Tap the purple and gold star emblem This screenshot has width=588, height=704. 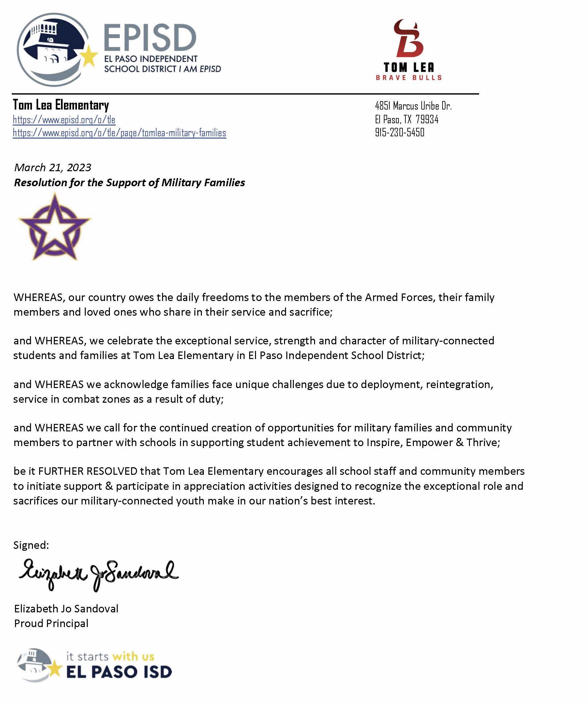click(55, 227)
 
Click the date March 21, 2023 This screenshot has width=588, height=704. click(53, 167)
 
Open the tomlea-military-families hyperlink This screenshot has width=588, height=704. click(119, 133)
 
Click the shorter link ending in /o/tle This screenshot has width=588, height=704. click(64, 120)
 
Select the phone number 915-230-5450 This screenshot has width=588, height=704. click(400, 132)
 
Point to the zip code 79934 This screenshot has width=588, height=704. click(427, 119)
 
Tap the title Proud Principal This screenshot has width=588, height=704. click(51, 623)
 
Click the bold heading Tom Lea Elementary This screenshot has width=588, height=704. click(61, 105)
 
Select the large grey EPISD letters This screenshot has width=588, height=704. click(150, 38)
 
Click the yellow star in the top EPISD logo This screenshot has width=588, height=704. click(89, 57)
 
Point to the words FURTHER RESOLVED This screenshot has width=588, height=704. click(88, 471)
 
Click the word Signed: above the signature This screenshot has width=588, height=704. click(31, 545)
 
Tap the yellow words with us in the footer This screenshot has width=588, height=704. click(133, 656)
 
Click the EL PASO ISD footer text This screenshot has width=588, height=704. click(119, 671)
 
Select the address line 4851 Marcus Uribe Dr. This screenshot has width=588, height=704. click(413, 106)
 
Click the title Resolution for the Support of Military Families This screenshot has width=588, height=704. click(129, 182)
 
